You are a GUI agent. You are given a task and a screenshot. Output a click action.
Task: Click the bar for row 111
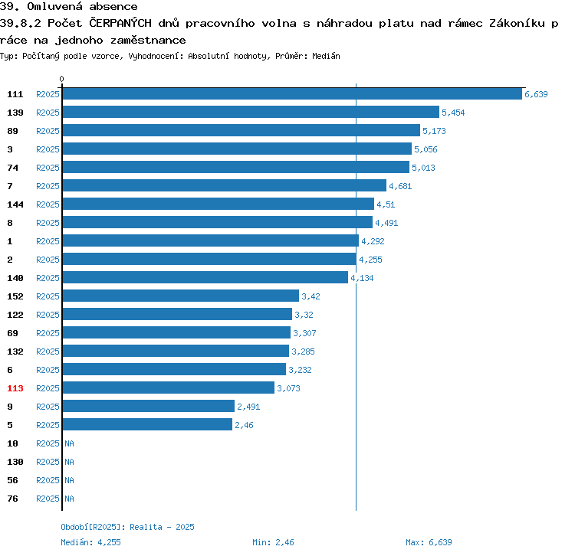click(291, 94)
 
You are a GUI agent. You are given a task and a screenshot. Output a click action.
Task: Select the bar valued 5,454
click(250, 113)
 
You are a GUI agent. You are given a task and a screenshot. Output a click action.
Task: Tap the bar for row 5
click(146, 425)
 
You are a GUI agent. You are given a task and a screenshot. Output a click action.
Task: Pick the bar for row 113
click(168, 388)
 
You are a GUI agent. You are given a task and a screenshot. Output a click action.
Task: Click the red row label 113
click(15, 388)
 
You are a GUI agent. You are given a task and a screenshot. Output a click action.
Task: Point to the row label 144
click(15, 204)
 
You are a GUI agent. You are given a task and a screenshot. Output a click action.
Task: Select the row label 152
click(15, 296)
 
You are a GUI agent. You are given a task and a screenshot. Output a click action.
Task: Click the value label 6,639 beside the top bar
click(536, 94)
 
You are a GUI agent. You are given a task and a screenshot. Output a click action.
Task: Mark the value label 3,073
click(289, 388)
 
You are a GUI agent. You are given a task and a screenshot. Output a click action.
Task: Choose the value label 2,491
click(249, 407)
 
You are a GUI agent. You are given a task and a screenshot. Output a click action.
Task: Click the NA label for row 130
click(69, 462)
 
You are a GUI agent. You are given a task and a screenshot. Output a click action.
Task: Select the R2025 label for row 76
click(48, 499)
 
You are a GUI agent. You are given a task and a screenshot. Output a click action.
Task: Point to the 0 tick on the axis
click(62, 79)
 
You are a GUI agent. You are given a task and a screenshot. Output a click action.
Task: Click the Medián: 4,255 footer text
click(91, 542)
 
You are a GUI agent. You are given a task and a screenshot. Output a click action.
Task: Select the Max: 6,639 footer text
click(429, 542)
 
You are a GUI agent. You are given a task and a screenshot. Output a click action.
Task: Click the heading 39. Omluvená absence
click(69, 7)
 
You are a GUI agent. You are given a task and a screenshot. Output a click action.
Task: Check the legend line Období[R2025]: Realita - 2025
click(127, 527)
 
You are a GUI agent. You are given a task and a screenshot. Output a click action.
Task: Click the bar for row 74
click(235, 168)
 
